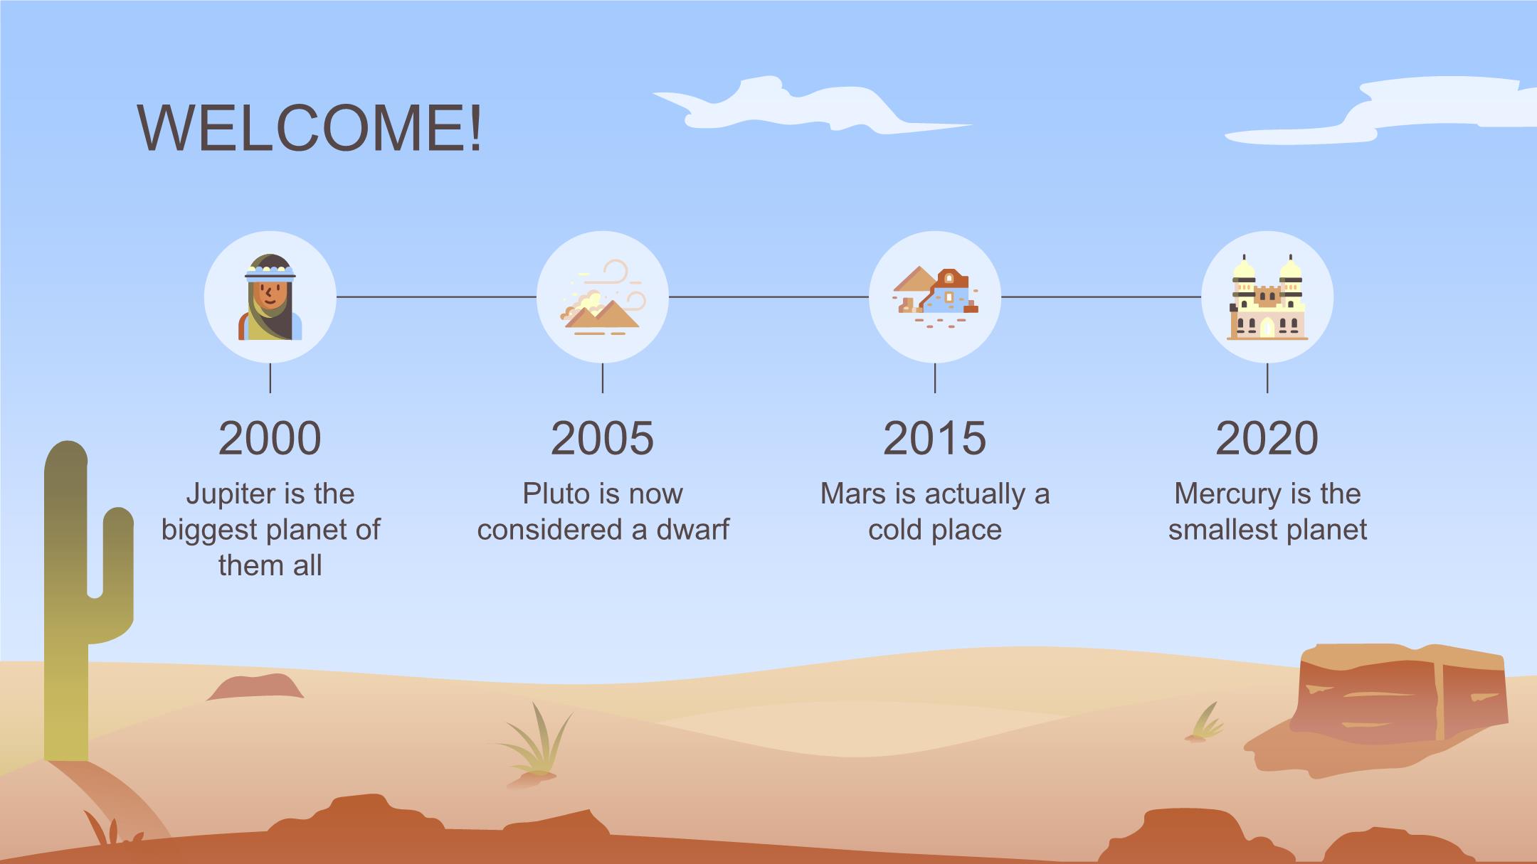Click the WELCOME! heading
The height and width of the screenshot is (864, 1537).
pos(310,128)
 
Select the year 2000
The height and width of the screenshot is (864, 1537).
pos(270,438)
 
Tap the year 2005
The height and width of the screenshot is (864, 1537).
pos(602,438)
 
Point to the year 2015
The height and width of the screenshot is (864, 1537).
pos(934,438)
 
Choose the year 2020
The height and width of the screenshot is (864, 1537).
pos(1267,438)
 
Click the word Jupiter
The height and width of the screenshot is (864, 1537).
pos(231,494)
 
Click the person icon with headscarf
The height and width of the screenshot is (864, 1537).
pos(270,297)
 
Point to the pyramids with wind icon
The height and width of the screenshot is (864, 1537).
pos(603,297)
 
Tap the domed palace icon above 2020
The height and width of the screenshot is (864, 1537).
pos(1267,297)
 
